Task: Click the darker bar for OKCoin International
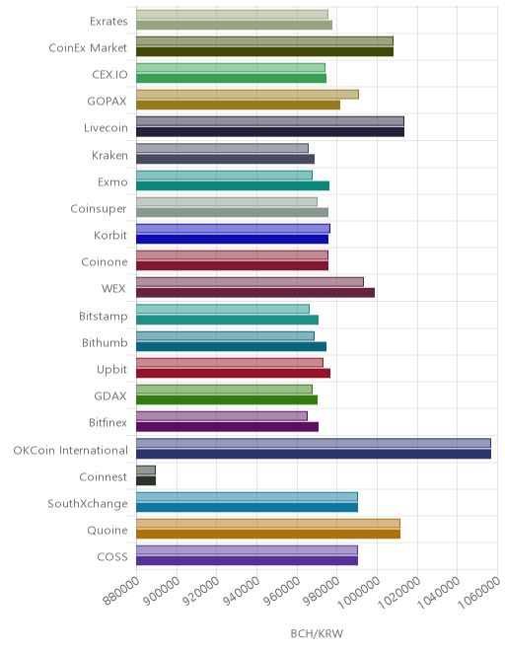coord(314,454)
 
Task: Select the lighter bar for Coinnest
coord(146,470)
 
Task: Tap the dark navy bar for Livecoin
coord(270,132)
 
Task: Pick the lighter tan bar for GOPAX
coord(248,95)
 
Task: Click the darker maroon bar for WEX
coord(255,293)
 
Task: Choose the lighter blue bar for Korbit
coord(233,229)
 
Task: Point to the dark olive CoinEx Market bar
coord(264,52)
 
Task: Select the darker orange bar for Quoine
coord(268,534)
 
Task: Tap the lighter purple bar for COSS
coord(247,550)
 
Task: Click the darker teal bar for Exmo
coord(233,185)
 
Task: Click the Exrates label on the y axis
coord(108,21)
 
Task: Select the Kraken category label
coord(109,155)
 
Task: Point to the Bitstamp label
coord(104,317)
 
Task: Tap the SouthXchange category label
coord(88,504)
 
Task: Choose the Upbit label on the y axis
coord(111,370)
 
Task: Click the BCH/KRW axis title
coord(317,633)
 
